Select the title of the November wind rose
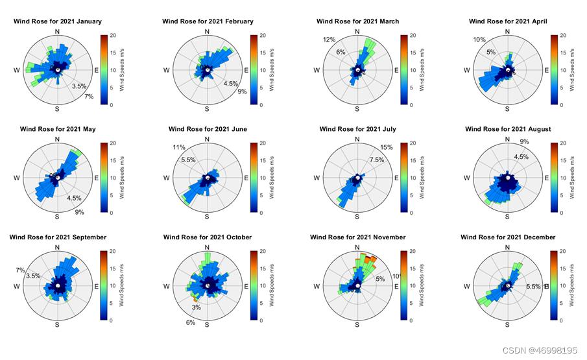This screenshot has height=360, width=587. [357, 237]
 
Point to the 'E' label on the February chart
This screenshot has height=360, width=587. [246, 70]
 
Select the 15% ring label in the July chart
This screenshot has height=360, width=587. [387, 147]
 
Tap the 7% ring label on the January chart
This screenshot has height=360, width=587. [89, 97]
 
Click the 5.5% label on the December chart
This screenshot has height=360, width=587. [534, 286]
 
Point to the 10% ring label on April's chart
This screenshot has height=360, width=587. [479, 40]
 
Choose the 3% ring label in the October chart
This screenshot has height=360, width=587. [196, 307]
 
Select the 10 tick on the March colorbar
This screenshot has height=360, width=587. [412, 70]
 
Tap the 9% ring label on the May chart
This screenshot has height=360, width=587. [80, 212]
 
